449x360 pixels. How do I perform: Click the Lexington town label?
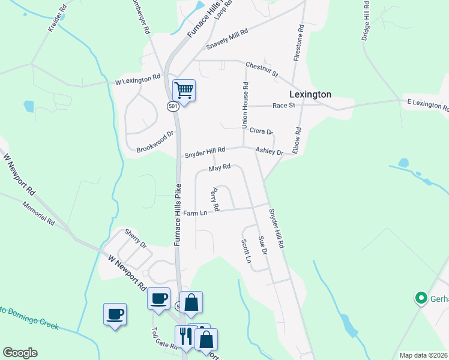point(310,94)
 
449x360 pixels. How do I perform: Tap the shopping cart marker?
point(184,91)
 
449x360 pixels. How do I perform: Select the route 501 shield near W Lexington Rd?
point(173,106)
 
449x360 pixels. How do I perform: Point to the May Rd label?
point(220,169)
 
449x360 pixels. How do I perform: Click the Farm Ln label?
point(194,213)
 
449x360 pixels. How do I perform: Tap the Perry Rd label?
point(214,199)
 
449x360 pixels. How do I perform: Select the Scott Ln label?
point(246,251)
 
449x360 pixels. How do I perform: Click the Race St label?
point(284,106)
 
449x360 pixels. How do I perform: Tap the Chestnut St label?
point(262,69)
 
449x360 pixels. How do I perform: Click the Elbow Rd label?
point(297,141)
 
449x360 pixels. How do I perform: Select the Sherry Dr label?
point(135,238)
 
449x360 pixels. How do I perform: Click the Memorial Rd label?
point(38,213)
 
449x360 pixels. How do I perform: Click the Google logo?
point(20,353)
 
